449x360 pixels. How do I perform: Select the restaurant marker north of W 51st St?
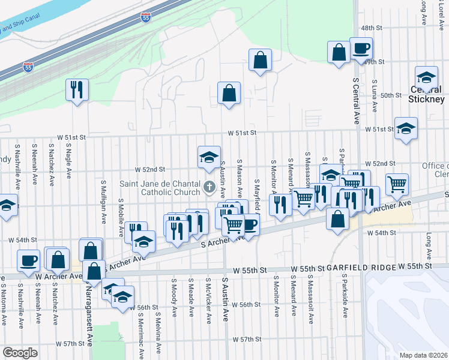coord(77,90)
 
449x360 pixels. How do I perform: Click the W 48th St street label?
coord(372,28)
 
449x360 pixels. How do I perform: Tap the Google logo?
coord(20,353)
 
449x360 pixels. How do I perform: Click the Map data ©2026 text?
coord(424,355)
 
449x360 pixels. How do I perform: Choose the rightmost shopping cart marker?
coord(397,185)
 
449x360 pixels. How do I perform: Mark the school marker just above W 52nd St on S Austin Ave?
coord(209,157)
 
